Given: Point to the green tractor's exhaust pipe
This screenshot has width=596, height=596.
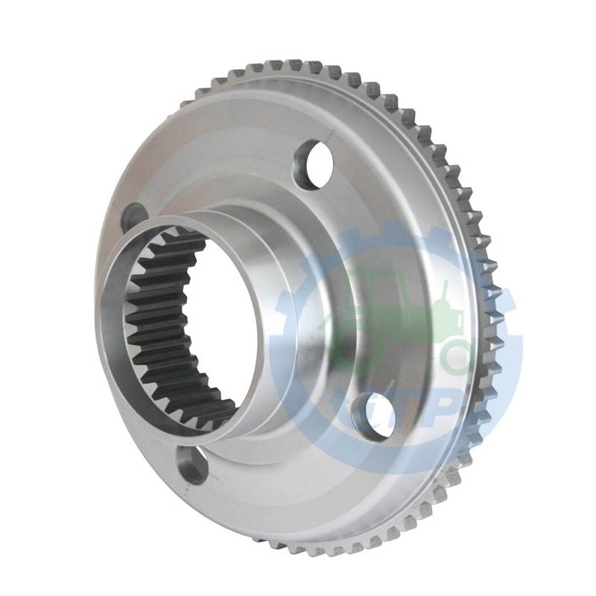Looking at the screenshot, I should click(x=446, y=294).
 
